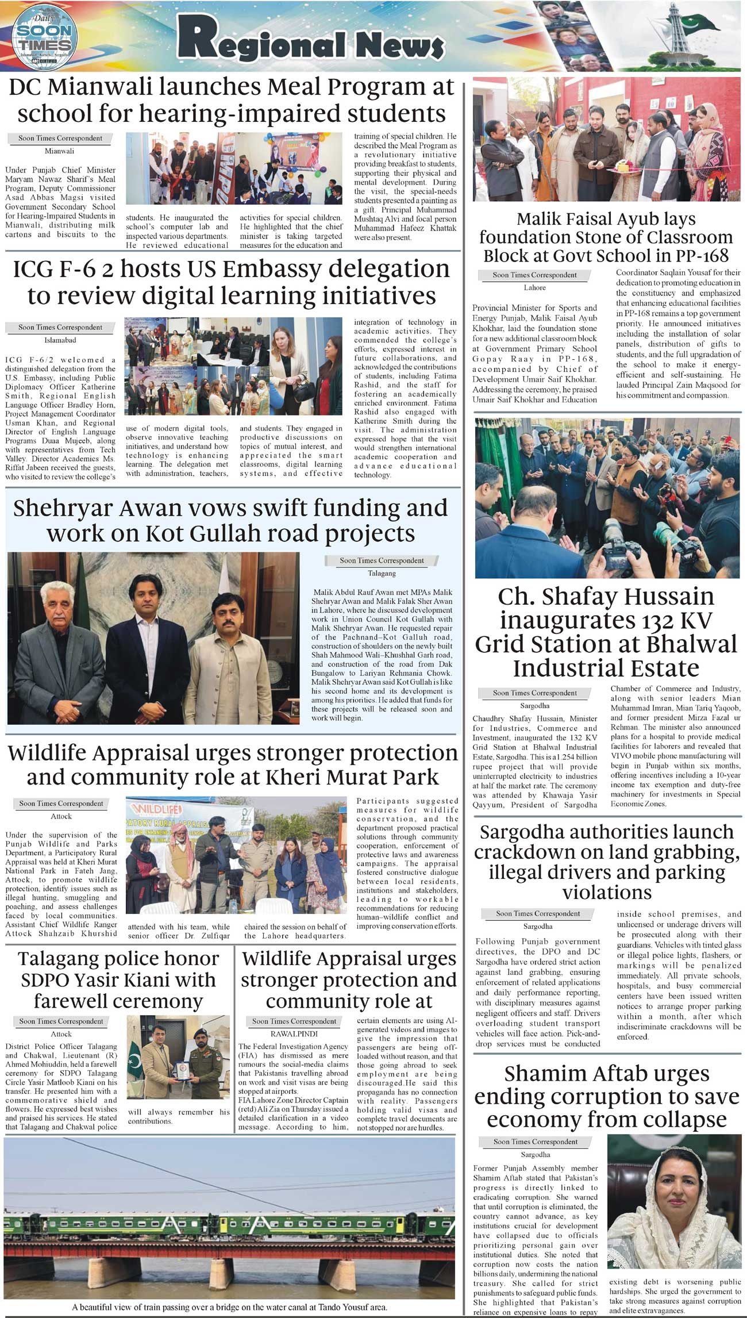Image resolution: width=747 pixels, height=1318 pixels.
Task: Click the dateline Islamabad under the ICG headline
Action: click(60, 340)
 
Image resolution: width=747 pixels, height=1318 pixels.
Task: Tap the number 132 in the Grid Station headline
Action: click(638, 621)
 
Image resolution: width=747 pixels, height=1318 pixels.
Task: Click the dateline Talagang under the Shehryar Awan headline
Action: click(382, 573)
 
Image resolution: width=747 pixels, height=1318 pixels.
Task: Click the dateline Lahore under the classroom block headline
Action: click(534, 287)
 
